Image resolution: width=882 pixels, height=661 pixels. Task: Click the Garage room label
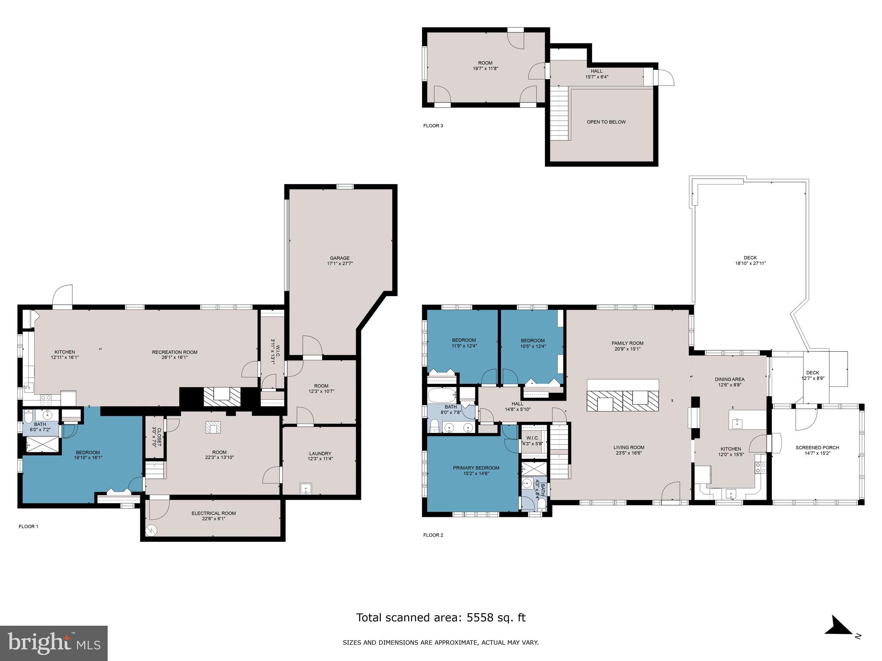click(x=340, y=258)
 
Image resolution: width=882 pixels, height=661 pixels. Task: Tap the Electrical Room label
click(x=214, y=513)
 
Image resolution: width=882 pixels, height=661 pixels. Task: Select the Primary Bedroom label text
click(x=476, y=468)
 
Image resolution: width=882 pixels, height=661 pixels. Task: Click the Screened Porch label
click(x=817, y=448)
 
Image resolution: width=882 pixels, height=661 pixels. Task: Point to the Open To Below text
click(x=606, y=122)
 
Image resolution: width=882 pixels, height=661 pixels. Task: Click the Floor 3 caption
click(x=433, y=126)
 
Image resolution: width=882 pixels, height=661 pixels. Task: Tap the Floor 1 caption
click(x=28, y=526)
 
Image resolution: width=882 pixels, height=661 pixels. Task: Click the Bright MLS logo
click(x=54, y=643)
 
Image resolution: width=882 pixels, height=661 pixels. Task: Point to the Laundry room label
click(x=320, y=454)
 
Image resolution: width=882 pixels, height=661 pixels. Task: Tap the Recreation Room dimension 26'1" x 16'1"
click(x=174, y=357)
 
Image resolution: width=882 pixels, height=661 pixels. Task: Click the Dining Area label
click(x=730, y=379)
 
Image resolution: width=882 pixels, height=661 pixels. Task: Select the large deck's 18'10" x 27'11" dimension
click(x=750, y=263)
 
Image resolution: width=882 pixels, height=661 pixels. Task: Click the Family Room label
click(x=627, y=343)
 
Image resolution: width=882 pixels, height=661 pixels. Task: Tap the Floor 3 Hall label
click(x=596, y=71)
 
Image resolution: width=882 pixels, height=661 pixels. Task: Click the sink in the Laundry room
click(x=305, y=488)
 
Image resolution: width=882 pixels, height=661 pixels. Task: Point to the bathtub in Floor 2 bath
click(x=441, y=394)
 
